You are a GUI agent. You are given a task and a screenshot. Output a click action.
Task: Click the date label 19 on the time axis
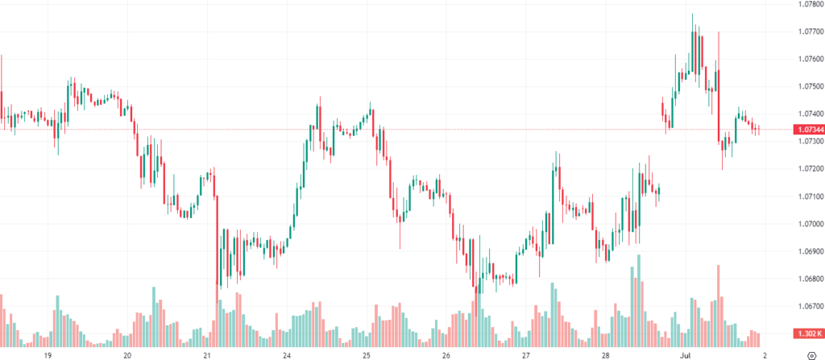click(x=48, y=354)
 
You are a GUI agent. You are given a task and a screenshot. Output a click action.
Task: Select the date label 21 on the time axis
click(x=207, y=354)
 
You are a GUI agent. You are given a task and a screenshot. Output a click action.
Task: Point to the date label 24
click(x=287, y=354)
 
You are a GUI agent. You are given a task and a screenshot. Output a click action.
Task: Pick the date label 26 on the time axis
click(x=446, y=354)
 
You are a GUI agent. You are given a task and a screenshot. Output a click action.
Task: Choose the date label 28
click(x=605, y=354)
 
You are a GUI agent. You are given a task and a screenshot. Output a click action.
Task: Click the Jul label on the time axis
click(x=685, y=354)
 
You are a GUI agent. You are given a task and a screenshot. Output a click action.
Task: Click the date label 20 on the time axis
click(x=127, y=354)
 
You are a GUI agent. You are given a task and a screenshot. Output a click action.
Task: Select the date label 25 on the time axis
click(x=366, y=354)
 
